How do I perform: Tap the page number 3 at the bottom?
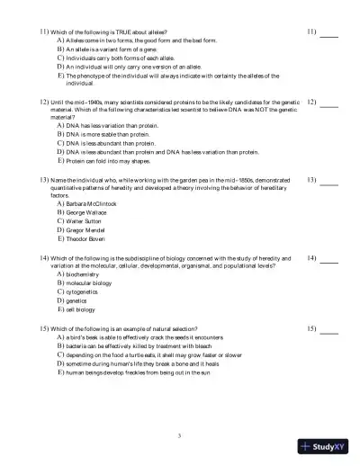[x=179, y=436]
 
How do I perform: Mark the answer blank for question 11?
[x=328, y=34]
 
